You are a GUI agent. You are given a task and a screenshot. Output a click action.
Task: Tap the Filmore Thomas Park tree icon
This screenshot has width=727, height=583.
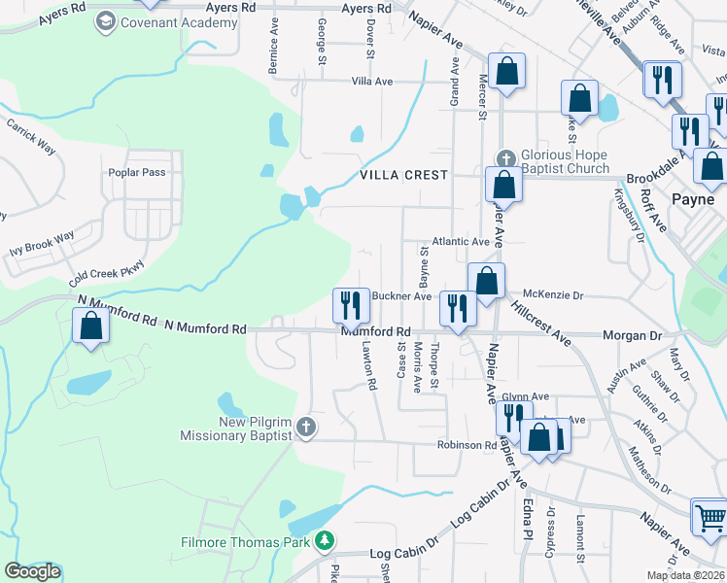[x=329, y=541]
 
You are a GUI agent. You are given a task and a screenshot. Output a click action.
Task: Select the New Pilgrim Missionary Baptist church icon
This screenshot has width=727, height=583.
[x=305, y=428]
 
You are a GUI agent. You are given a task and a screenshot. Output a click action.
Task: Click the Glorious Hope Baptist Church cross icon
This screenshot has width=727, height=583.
[x=505, y=158]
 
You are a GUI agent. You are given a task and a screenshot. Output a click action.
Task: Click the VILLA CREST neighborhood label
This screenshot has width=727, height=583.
[x=404, y=175]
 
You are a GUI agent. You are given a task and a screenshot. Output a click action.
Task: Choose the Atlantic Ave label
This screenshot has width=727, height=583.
[x=461, y=242]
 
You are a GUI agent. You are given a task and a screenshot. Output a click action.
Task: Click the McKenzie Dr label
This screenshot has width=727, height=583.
[x=552, y=294]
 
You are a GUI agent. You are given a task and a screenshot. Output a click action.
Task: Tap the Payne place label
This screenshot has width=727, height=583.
[x=694, y=198]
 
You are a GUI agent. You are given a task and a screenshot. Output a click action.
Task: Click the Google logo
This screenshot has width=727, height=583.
[x=31, y=571]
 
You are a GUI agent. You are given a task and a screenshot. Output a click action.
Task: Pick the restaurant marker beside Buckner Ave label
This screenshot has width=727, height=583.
[x=350, y=306]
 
